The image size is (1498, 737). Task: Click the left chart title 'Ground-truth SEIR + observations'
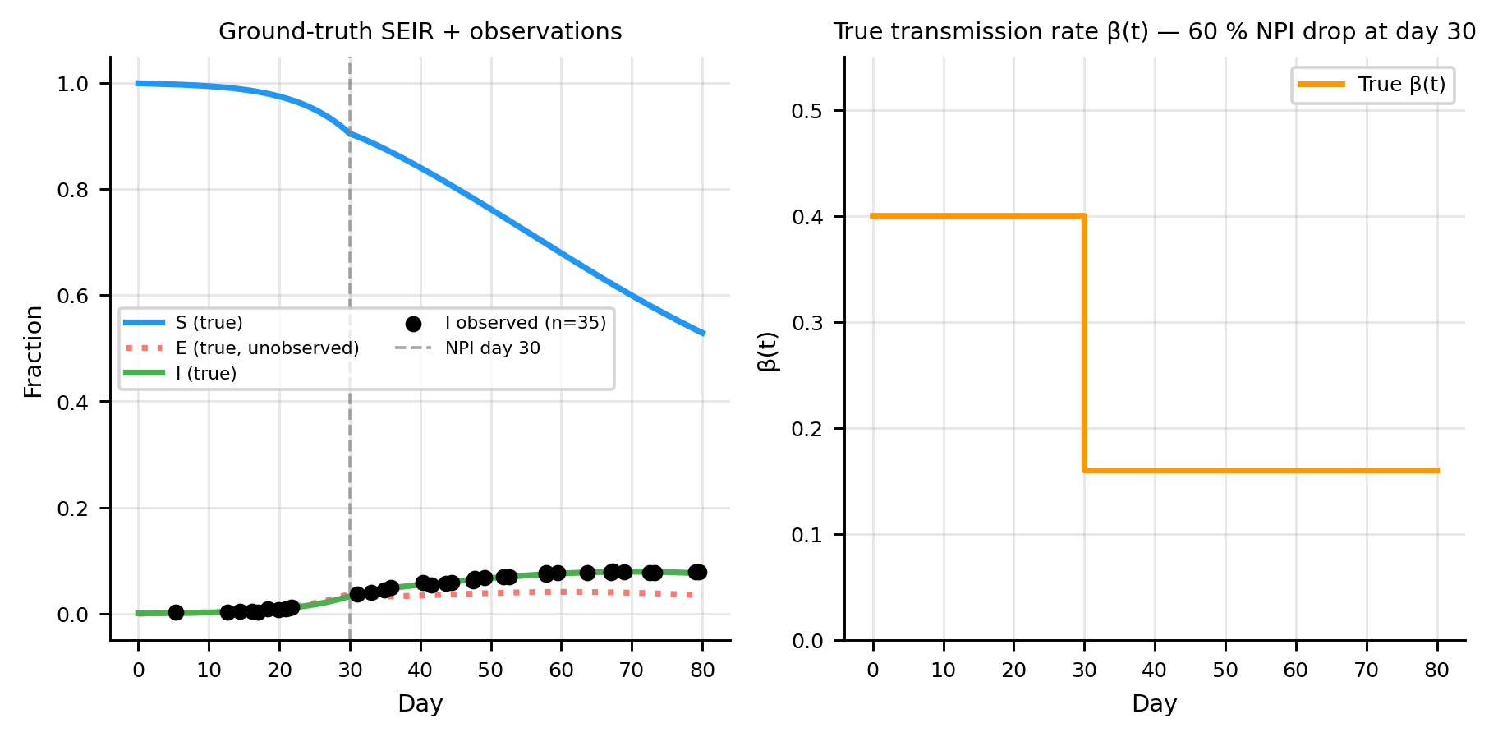420,32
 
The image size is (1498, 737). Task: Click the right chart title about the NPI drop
1154,32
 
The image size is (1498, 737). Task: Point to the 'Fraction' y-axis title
34,352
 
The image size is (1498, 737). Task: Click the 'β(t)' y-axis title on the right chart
768,352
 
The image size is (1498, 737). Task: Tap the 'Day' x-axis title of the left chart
420,704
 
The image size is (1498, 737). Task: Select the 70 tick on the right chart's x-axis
1366,670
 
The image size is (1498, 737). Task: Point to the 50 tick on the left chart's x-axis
490,670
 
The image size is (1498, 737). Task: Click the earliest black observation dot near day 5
176,612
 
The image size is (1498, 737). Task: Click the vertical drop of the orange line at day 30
1084,345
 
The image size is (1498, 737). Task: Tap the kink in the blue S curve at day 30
350,132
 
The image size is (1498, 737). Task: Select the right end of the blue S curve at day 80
703,333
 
